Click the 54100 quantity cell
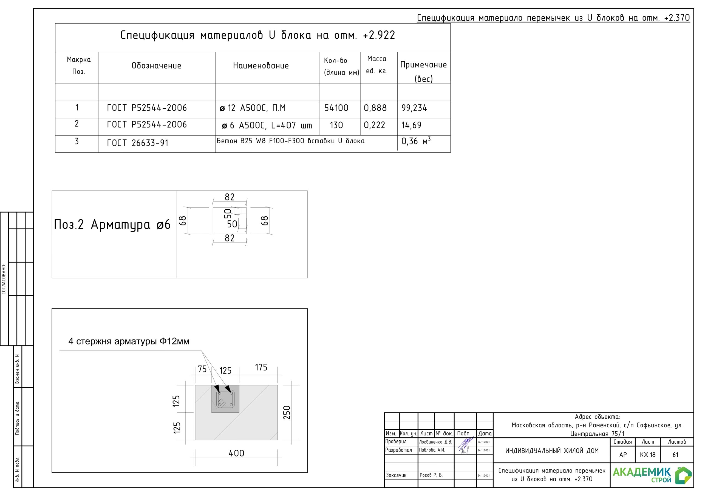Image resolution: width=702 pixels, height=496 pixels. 336,108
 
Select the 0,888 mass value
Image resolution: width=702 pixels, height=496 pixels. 375,108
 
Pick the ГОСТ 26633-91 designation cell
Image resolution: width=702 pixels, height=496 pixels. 138,143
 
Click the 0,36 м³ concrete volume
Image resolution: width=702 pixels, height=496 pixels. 416,141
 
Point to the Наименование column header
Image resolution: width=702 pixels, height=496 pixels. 261,66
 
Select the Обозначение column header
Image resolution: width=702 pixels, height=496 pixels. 156,66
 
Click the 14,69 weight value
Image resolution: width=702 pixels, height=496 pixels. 411,125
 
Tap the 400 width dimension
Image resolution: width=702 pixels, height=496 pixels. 236,453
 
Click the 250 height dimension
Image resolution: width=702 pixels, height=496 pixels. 287,413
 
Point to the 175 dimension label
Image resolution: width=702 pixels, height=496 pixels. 261,367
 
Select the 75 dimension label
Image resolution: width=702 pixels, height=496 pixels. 202,369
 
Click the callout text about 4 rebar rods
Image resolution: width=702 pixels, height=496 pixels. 129,341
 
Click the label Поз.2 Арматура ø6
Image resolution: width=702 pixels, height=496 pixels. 112,225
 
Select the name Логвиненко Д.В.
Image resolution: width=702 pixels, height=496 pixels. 435,442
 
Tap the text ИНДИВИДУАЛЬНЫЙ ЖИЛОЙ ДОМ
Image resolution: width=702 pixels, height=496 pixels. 552,451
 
